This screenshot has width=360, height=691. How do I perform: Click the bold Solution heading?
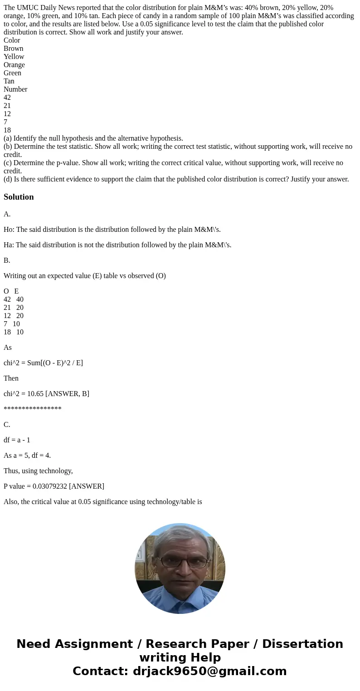coord(19,197)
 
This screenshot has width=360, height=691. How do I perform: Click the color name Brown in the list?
coord(13,49)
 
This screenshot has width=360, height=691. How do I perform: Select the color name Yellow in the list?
coord(14,57)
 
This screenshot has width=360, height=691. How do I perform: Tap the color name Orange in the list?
coord(14,65)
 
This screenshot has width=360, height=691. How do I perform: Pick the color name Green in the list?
coord(12,73)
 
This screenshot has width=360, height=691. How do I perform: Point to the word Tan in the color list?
coord(9,81)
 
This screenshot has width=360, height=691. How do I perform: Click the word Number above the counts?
coord(15,89)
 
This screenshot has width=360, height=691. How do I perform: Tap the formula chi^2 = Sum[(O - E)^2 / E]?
coord(43,363)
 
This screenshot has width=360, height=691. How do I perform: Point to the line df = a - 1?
coord(17,440)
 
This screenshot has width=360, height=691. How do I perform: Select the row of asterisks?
coord(32,409)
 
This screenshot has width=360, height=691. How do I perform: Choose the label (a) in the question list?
coord(8,138)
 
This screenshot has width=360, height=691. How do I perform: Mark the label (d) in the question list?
coord(8,179)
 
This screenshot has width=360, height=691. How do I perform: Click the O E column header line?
coord(11,291)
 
